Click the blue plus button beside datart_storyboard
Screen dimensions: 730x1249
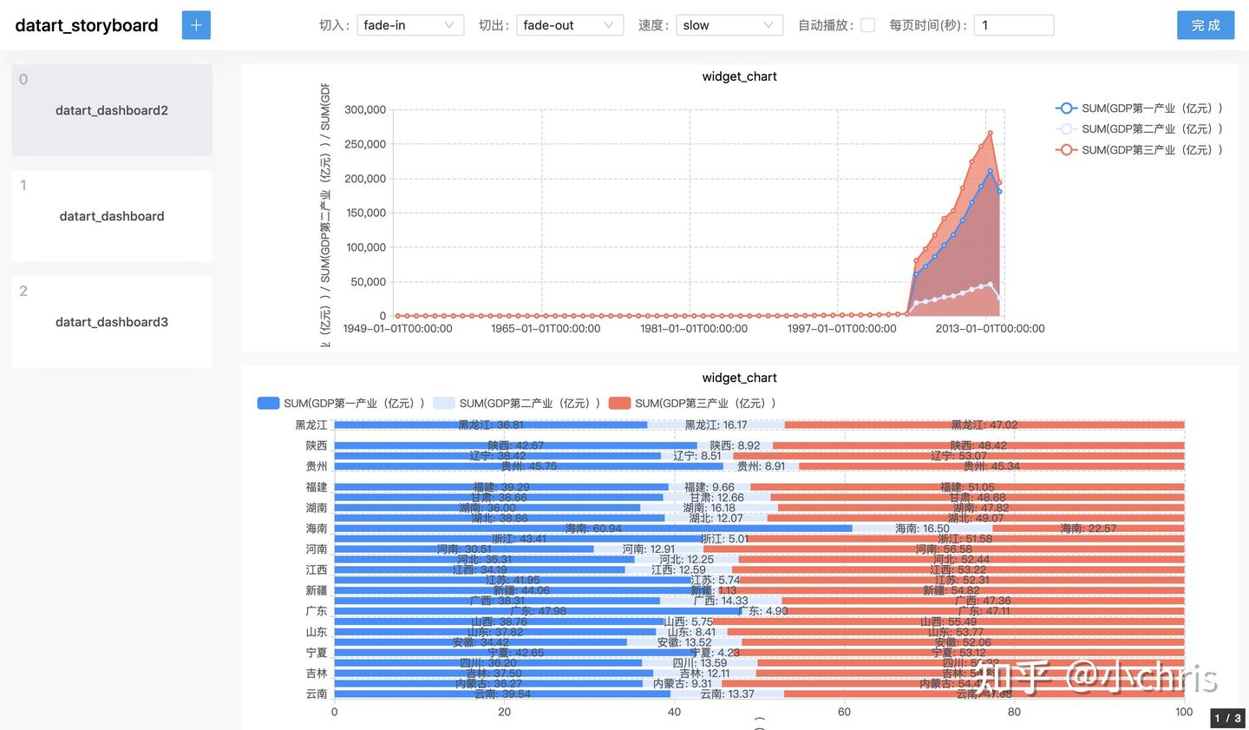click(x=196, y=25)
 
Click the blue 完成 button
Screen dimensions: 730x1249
click(x=1205, y=25)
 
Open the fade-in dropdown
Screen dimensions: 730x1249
click(x=409, y=25)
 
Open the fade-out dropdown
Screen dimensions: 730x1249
click(x=569, y=25)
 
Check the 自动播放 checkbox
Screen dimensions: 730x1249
click(x=867, y=25)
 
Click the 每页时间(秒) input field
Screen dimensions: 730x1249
click(x=1013, y=25)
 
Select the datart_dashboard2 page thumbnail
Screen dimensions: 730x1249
click(x=112, y=110)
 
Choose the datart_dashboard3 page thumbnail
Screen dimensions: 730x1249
click(x=112, y=322)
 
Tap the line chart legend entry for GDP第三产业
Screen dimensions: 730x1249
click(x=1139, y=150)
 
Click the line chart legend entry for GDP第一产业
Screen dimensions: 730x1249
click(x=1139, y=109)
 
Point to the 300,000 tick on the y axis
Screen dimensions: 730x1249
click(x=365, y=109)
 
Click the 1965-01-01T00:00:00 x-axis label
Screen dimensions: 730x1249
click(x=546, y=329)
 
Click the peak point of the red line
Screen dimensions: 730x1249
click(x=990, y=133)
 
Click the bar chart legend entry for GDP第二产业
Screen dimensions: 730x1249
click(x=518, y=404)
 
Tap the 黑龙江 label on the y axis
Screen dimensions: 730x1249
click(x=311, y=425)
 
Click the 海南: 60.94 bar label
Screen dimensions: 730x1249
click(x=593, y=529)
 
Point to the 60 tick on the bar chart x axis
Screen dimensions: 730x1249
click(x=844, y=712)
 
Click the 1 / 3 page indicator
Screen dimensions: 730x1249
click(x=1227, y=718)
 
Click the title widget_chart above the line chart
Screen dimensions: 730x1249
click(x=739, y=76)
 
